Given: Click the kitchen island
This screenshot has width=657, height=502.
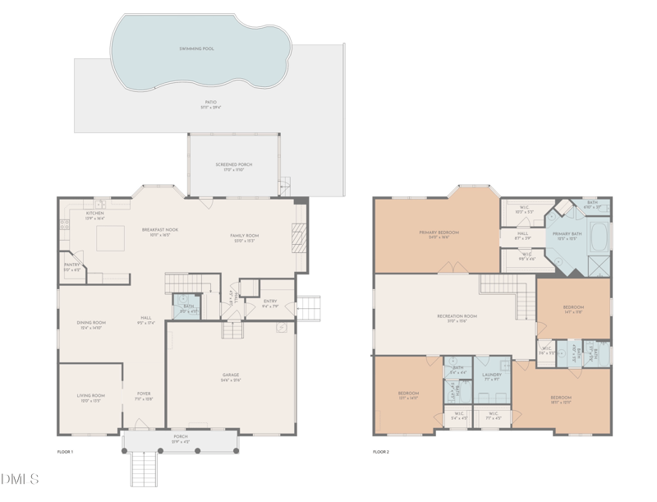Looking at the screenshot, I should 111,239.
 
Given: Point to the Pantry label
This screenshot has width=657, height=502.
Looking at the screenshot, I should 72,266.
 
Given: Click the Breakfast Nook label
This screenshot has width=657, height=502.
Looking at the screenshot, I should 160,232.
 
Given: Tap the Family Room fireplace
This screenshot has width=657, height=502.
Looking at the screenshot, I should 300,239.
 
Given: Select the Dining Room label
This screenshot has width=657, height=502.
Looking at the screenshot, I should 91,324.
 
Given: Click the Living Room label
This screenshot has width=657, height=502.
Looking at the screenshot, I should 91,397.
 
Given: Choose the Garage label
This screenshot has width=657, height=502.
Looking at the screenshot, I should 231,377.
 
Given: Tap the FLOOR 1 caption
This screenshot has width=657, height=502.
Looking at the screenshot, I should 65,452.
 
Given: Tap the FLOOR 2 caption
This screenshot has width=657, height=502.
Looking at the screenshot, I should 381,452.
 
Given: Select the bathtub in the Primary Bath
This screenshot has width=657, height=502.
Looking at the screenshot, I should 603,237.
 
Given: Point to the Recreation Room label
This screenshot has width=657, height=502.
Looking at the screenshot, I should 457,318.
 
